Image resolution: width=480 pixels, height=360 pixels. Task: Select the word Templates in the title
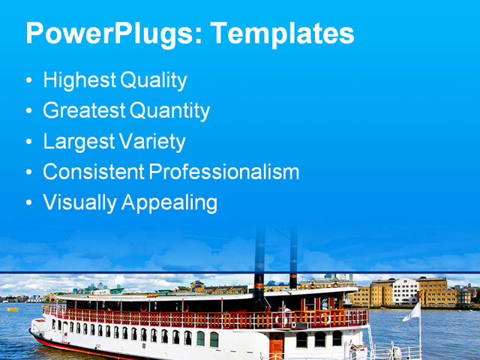point(281,34)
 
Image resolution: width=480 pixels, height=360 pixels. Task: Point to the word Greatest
point(84,111)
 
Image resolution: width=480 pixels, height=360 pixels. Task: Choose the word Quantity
point(170,111)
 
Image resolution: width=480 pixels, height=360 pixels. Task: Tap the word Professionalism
point(223,172)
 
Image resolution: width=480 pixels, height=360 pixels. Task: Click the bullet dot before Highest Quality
point(28,81)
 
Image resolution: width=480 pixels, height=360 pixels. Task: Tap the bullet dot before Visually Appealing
point(28,203)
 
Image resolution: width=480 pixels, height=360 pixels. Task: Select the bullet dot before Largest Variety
point(28,142)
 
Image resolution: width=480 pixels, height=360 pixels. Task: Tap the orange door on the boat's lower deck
point(277,344)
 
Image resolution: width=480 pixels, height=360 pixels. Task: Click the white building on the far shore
point(405,291)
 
